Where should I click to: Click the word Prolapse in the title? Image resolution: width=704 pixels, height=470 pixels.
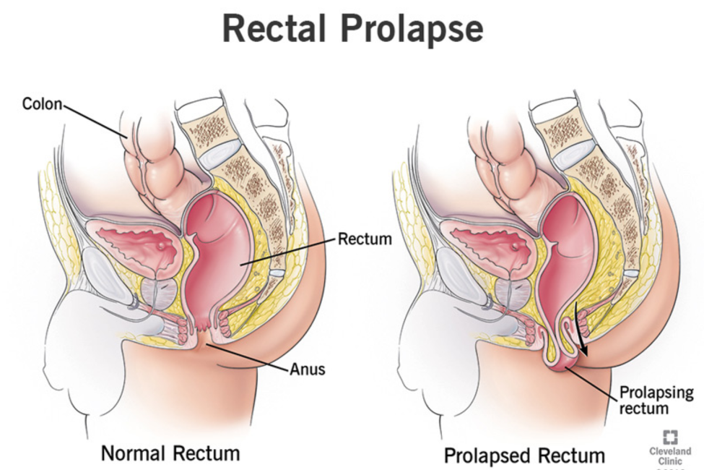click(x=412, y=29)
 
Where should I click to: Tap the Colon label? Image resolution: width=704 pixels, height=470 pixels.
click(x=42, y=104)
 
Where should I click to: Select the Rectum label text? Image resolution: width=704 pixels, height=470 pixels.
click(x=365, y=239)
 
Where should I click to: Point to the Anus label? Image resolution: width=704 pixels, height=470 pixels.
click(x=308, y=369)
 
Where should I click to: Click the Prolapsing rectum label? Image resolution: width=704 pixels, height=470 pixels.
click(x=656, y=401)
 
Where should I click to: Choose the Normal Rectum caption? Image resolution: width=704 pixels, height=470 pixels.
click(x=170, y=453)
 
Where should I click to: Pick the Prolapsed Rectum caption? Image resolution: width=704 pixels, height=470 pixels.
click(x=524, y=456)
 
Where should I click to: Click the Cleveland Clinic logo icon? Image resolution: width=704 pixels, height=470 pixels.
click(x=670, y=437)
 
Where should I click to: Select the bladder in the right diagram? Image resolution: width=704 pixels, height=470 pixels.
click(x=490, y=247)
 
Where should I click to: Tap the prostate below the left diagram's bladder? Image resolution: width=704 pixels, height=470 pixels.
click(x=160, y=292)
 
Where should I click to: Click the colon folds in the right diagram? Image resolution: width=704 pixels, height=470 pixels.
click(x=498, y=162)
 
